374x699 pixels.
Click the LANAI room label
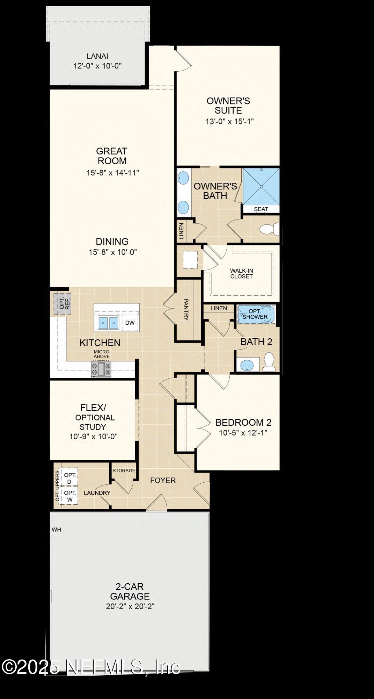(97, 56)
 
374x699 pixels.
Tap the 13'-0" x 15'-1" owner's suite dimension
(229, 121)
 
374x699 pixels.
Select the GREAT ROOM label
(112, 156)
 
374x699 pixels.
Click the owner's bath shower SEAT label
(261, 209)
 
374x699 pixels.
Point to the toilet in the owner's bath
(269, 229)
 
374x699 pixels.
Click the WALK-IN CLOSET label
(241, 273)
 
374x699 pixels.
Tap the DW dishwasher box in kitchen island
(130, 323)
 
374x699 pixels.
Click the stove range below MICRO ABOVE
(101, 369)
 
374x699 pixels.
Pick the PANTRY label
(186, 309)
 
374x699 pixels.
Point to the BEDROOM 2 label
(243, 422)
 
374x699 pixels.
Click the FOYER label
(163, 480)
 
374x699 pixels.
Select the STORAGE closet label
(124, 470)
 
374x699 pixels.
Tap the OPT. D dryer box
(69, 478)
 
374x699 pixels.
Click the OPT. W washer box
(70, 496)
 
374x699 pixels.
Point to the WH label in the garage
(57, 529)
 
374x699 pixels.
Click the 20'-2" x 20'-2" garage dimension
(130, 606)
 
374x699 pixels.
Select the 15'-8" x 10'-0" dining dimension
(112, 252)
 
